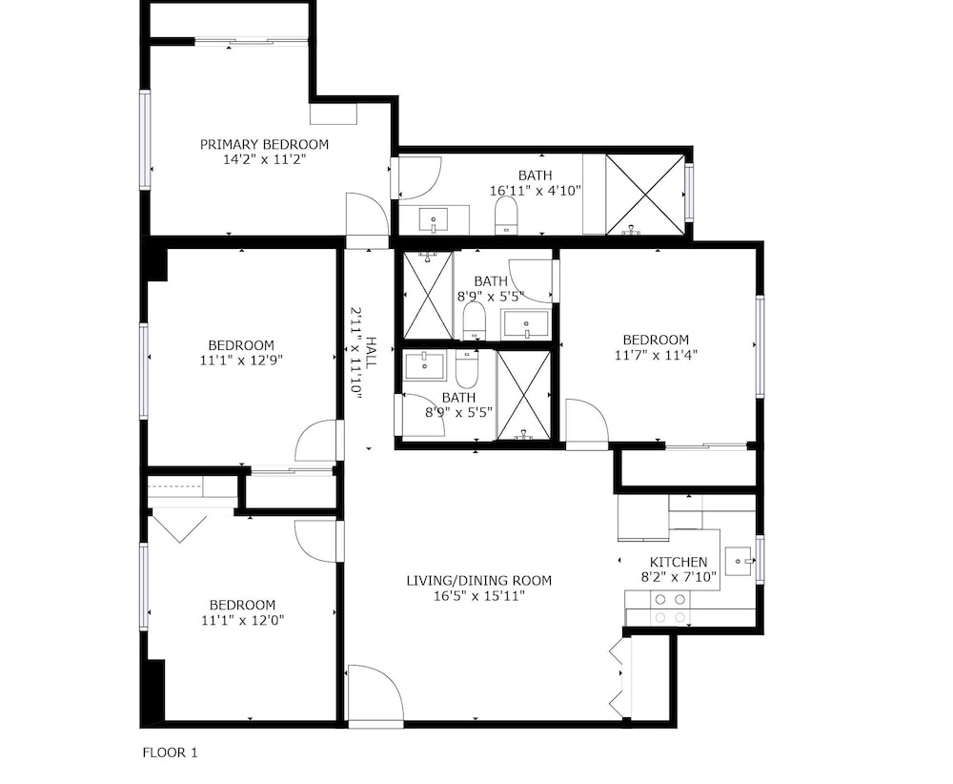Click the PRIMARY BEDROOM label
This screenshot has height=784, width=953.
tap(264, 145)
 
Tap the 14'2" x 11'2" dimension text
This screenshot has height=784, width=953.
tap(264, 160)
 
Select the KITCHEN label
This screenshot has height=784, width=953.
tap(679, 562)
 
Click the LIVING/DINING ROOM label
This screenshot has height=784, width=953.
tap(479, 581)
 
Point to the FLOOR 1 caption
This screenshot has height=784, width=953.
tap(171, 753)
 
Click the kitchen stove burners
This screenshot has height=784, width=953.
tap(670, 609)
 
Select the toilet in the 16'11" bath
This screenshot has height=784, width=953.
tap(506, 216)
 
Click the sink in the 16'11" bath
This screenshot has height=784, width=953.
tap(434, 219)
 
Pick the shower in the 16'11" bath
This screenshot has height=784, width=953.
tap(644, 194)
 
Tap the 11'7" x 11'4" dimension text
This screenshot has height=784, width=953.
tap(656, 355)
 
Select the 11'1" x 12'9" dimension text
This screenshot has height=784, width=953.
tap(241, 361)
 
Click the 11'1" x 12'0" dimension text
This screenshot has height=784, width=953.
tap(242, 621)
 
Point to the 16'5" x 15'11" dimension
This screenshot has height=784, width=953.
tap(479, 596)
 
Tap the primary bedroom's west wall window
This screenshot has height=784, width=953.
tap(145, 139)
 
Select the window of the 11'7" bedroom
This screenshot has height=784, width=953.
tap(760, 346)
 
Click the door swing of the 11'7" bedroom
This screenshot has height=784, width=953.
tap(587, 423)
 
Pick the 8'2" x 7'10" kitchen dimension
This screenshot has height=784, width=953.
tap(679, 577)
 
